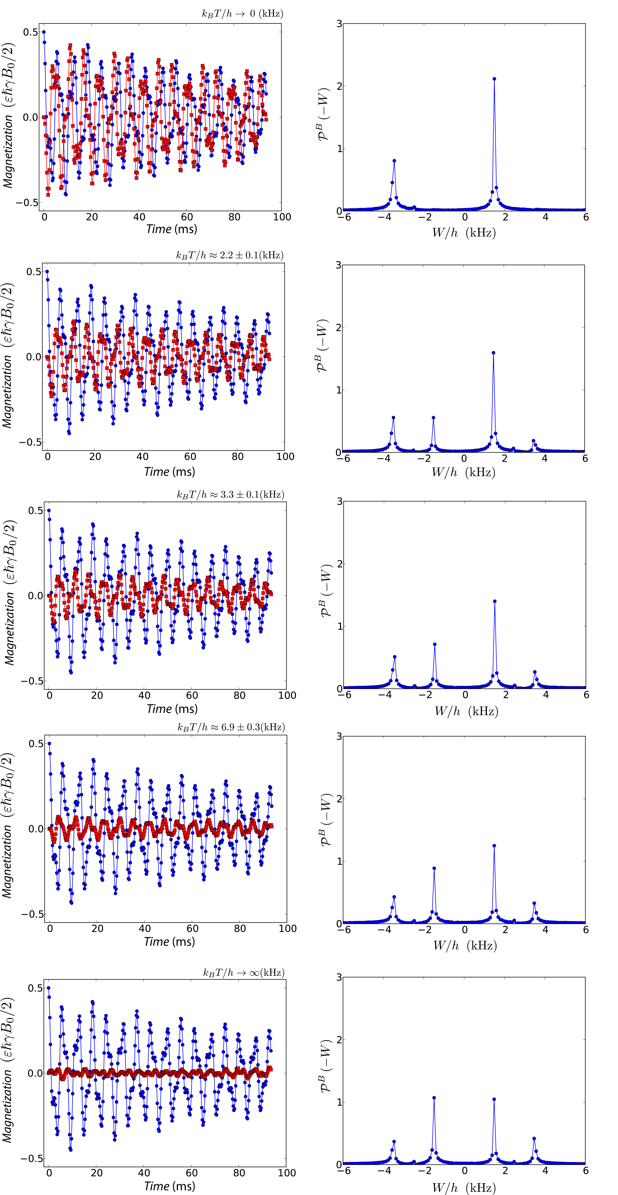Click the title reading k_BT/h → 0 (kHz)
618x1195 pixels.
click(x=242, y=13)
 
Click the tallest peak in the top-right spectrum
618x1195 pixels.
click(x=494, y=79)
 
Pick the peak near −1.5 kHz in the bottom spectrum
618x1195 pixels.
click(x=434, y=1098)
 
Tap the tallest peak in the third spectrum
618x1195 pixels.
click(x=495, y=601)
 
